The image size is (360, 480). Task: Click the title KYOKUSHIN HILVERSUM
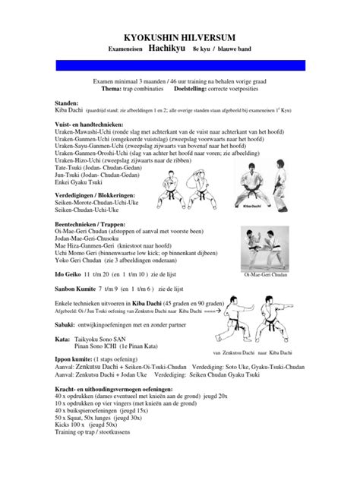(x=179, y=35)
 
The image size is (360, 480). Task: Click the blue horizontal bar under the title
(x=179, y=64)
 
